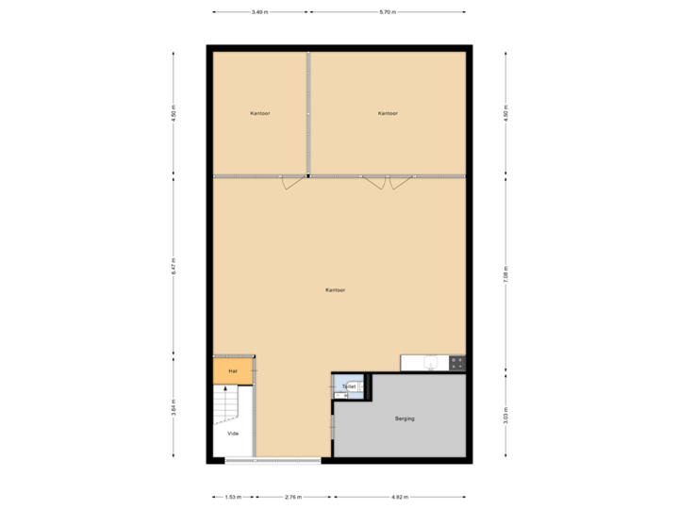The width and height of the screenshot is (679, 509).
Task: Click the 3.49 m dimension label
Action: [259, 12]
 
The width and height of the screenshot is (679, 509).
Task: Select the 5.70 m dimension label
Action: [388, 12]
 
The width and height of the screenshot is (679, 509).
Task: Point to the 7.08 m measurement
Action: [505, 274]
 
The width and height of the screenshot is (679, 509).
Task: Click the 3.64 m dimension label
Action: [174, 409]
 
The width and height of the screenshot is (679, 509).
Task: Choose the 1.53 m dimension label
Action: [233, 496]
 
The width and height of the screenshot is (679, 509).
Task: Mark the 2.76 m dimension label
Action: [292, 496]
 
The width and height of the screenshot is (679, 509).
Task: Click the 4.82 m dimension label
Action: [399, 496]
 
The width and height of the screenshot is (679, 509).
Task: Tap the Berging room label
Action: [405, 419]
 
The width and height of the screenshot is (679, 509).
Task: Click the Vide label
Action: [233, 434]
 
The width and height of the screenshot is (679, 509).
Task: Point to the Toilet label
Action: [349, 386]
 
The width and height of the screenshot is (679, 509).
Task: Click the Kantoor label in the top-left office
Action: [260, 113]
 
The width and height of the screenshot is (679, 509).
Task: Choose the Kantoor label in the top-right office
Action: [388, 113]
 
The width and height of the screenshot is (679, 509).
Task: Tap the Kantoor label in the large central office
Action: [335, 290]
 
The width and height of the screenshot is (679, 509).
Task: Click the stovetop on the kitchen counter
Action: [457, 362]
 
